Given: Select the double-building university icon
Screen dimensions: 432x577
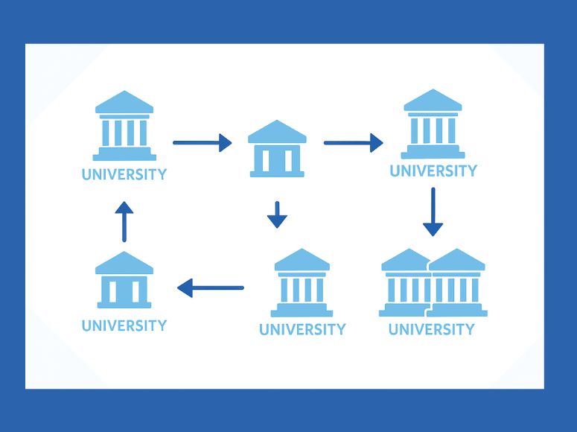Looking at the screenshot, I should pyautogui.click(x=433, y=283).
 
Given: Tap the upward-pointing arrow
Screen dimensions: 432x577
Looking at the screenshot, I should pyautogui.click(x=124, y=221).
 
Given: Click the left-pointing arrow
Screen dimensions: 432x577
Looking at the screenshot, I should pyautogui.click(x=211, y=287).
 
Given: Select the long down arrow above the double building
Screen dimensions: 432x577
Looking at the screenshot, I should pyautogui.click(x=433, y=212).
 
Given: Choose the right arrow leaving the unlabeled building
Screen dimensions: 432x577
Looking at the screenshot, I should pyautogui.click(x=354, y=142).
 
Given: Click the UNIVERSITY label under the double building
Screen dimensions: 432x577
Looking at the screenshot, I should pyautogui.click(x=432, y=329).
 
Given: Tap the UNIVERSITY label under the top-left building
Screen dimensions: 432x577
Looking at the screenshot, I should pyautogui.click(x=124, y=175).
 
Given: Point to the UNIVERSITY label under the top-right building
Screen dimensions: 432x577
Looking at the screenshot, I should pyautogui.click(x=433, y=171).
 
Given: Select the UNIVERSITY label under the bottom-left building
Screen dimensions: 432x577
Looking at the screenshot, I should pyautogui.click(x=124, y=325).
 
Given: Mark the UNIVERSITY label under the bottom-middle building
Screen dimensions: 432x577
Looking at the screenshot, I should pyautogui.click(x=302, y=329).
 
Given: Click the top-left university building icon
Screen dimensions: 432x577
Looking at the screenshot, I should pyautogui.click(x=124, y=126).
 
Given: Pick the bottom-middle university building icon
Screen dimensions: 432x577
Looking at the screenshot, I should pyautogui.click(x=302, y=283).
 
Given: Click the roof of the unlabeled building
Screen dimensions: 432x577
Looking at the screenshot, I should pyautogui.click(x=277, y=132).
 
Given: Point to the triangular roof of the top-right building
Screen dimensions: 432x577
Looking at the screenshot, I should pyautogui.click(x=433, y=101).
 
